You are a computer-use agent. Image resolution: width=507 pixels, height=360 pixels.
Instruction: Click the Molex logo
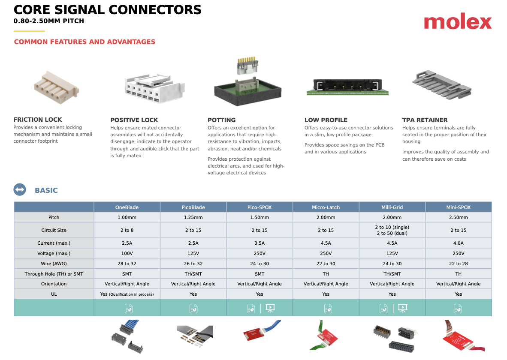[458, 22]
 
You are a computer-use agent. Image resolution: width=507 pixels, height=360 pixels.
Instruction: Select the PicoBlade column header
[193, 207]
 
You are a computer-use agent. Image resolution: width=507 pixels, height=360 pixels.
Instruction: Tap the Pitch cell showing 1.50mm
[260, 217]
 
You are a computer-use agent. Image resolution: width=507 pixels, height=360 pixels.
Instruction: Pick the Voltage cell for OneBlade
[127, 253]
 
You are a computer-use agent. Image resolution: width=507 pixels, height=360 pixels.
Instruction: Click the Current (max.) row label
[54, 243]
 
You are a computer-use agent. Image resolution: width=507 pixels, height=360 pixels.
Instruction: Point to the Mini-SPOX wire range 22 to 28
[458, 264]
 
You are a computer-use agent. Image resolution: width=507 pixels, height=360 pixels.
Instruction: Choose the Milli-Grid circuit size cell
[392, 230]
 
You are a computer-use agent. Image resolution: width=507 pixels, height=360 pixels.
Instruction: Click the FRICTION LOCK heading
[38, 120]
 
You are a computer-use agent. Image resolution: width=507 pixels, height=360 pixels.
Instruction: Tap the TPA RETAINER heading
[425, 120]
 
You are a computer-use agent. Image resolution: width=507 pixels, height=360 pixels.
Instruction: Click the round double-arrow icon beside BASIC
[20, 190]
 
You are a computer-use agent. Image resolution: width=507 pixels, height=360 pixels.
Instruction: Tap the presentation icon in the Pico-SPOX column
[270, 308]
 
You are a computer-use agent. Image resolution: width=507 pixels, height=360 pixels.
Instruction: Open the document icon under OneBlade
[129, 308]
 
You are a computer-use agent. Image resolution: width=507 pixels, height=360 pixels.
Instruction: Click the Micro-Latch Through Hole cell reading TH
[326, 274]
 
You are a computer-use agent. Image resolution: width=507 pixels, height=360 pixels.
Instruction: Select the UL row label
[54, 294]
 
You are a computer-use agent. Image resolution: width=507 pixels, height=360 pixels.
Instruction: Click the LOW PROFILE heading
[326, 120]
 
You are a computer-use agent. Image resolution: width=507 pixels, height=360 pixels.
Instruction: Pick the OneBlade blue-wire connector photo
[127, 335]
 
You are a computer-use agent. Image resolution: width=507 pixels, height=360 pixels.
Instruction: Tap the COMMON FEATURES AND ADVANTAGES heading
[84, 42]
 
